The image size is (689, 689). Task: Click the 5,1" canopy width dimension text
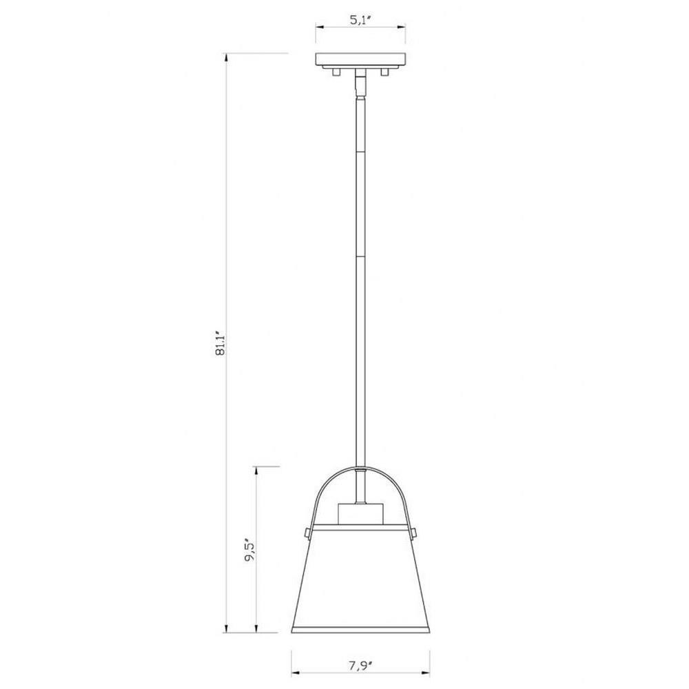[361, 20]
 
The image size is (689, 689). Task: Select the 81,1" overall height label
[220, 344]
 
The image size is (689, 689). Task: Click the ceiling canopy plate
[360, 59]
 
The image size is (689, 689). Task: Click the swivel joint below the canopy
[361, 83]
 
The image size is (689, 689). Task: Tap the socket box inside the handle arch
[360, 514]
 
